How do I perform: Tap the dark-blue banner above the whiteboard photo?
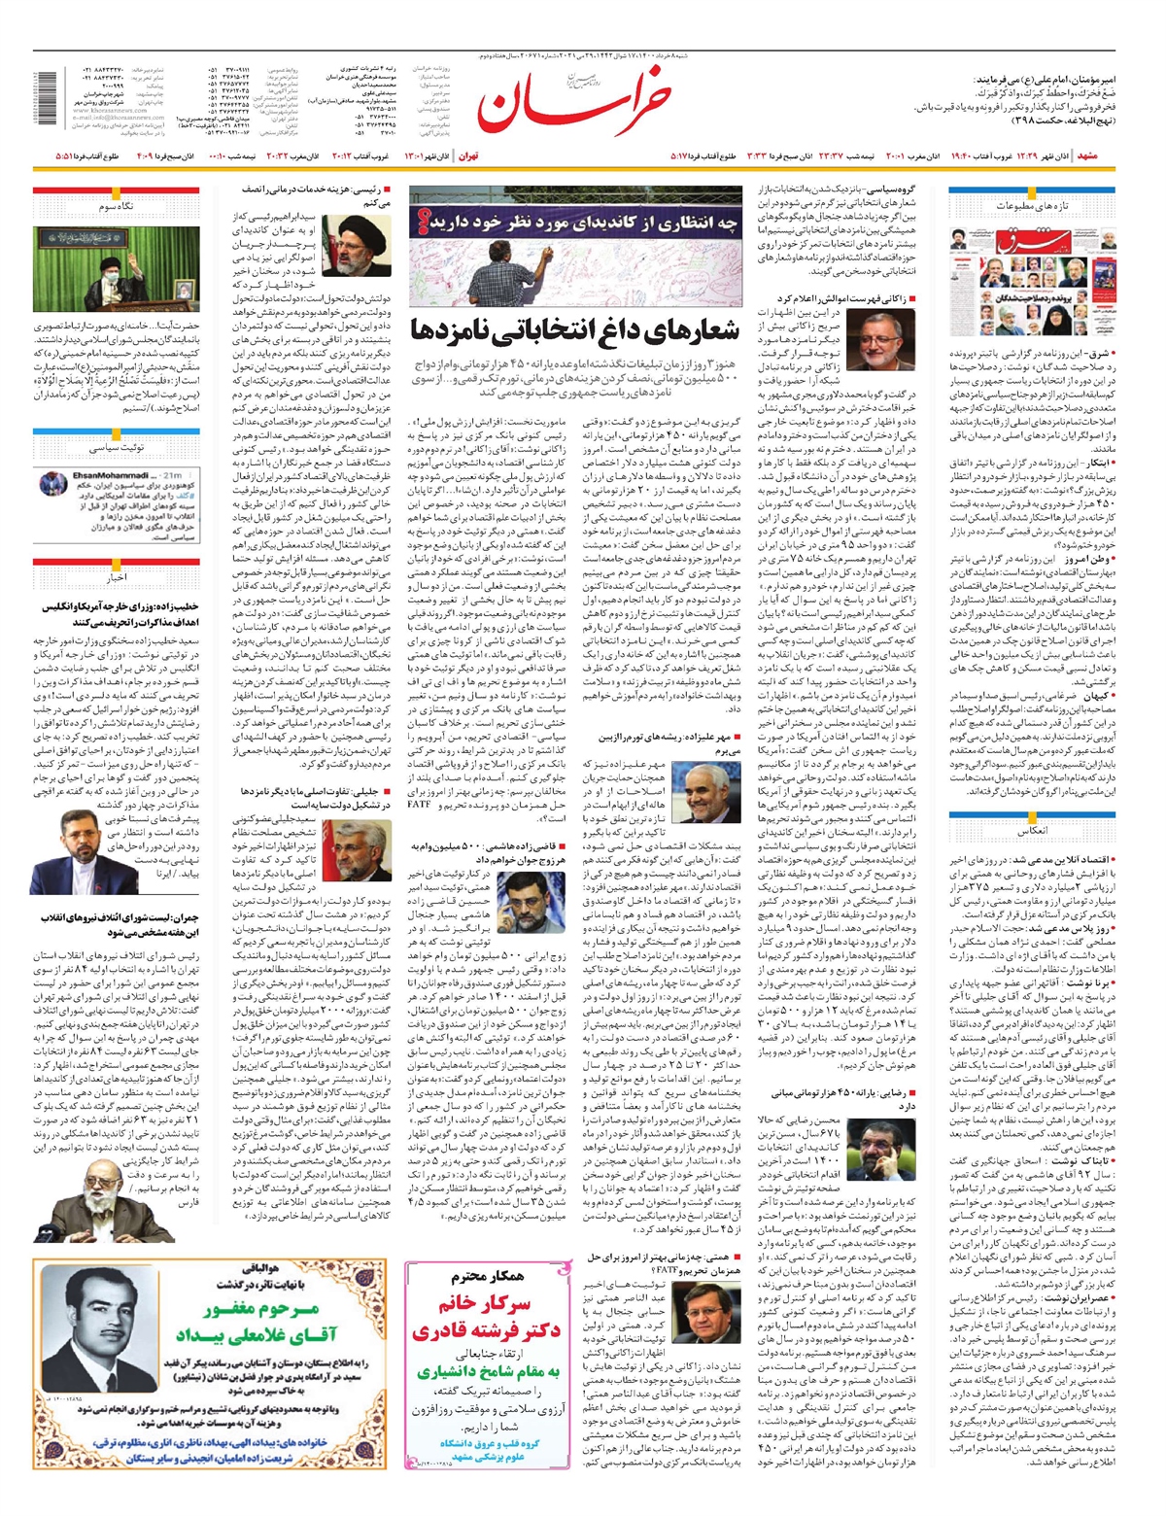pos(575,223)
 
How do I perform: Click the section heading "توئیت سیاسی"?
pos(116,448)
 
